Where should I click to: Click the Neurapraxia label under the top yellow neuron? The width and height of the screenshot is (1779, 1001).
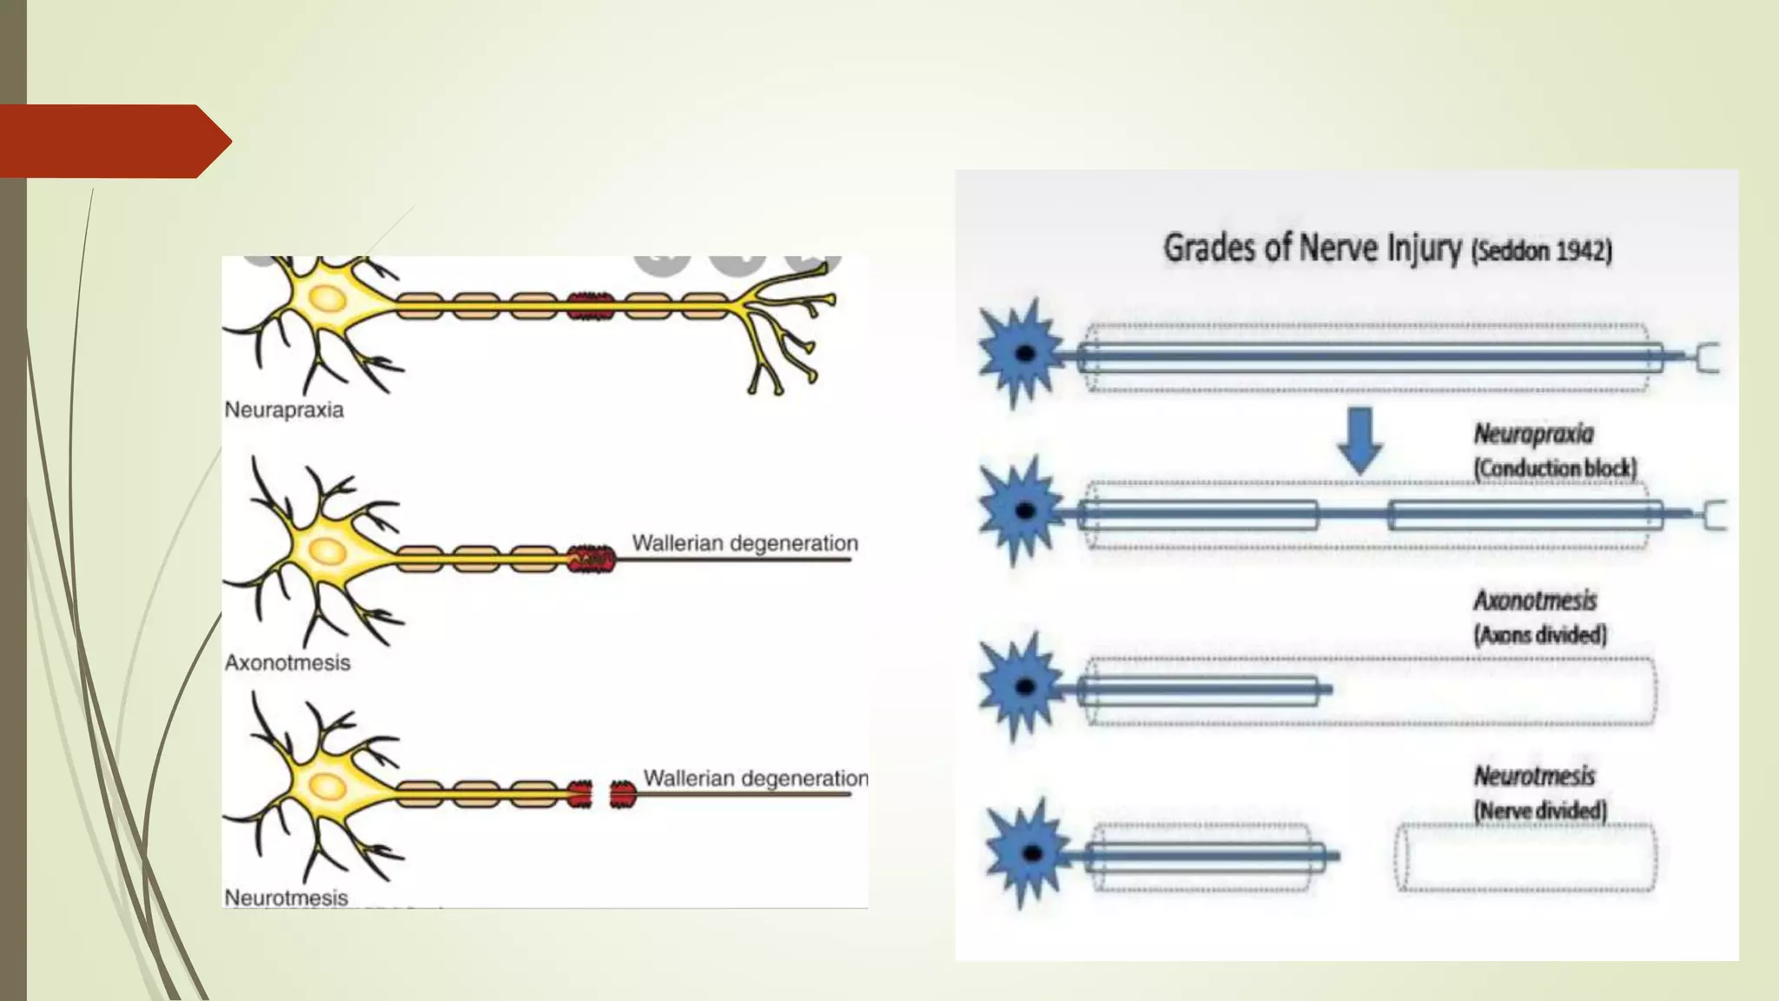pyautogui.click(x=284, y=409)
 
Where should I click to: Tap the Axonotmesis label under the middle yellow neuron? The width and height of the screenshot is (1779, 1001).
pyautogui.click(x=288, y=663)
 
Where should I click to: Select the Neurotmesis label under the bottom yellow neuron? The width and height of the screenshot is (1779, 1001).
pyautogui.click(x=286, y=898)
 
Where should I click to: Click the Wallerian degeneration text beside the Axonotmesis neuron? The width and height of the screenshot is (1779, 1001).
pyautogui.click(x=744, y=543)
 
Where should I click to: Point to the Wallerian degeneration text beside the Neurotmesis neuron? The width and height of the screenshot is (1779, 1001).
pyautogui.click(x=755, y=778)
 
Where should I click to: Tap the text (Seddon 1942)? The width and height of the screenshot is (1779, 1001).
pyautogui.click(x=1541, y=251)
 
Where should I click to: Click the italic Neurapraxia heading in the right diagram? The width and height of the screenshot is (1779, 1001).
pyautogui.click(x=1533, y=434)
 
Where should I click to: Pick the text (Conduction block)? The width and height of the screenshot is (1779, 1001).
pyautogui.click(x=1555, y=468)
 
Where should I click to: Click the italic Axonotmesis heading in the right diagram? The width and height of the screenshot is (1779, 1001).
pyautogui.click(x=1535, y=600)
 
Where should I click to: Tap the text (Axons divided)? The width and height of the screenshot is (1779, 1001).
pyautogui.click(x=1540, y=635)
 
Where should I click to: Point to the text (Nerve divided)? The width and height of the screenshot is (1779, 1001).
pyautogui.click(x=1540, y=811)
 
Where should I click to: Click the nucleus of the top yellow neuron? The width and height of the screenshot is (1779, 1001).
pyautogui.click(x=327, y=299)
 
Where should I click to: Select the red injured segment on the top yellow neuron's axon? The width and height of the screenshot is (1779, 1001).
pyautogui.click(x=591, y=306)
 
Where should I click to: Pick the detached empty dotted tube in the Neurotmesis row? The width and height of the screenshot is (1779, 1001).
pyautogui.click(x=1524, y=857)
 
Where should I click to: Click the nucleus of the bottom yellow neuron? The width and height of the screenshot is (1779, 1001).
pyautogui.click(x=327, y=786)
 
